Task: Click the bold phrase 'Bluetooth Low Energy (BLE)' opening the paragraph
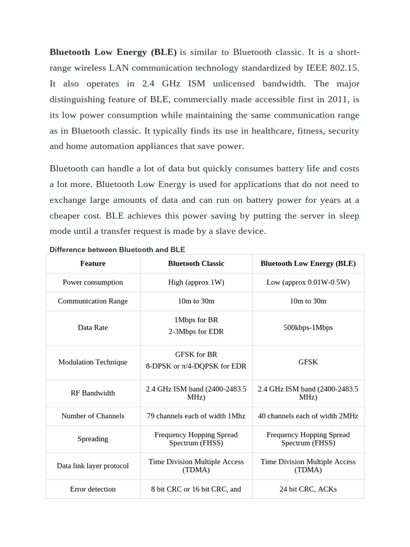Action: pyautogui.click(x=113, y=52)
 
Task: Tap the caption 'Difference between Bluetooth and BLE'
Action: pyautogui.click(x=117, y=249)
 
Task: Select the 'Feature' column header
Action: pyautogui.click(x=93, y=263)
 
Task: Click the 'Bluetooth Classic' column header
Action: pyautogui.click(x=196, y=263)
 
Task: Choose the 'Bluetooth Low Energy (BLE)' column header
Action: pyautogui.click(x=308, y=263)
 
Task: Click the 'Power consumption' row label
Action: pyautogui.click(x=93, y=282)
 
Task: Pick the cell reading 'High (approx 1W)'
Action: pyautogui.click(x=196, y=282)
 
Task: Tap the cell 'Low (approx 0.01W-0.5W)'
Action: pyautogui.click(x=308, y=282)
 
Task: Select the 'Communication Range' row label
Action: pyautogui.click(x=93, y=301)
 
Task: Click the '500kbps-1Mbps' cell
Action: pyautogui.click(x=308, y=327)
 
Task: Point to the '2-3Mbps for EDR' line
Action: pyautogui.click(x=196, y=332)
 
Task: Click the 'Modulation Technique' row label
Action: pyautogui.click(x=93, y=362)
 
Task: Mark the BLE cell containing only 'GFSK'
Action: pyautogui.click(x=308, y=362)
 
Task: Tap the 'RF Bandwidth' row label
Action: pyautogui.click(x=93, y=393)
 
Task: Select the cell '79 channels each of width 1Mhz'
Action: pyautogui.click(x=196, y=416)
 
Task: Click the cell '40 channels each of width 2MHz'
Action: pyautogui.click(x=308, y=416)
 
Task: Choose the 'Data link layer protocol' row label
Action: pyautogui.click(x=93, y=466)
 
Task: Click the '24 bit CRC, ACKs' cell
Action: pyautogui.click(x=308, y=489)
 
